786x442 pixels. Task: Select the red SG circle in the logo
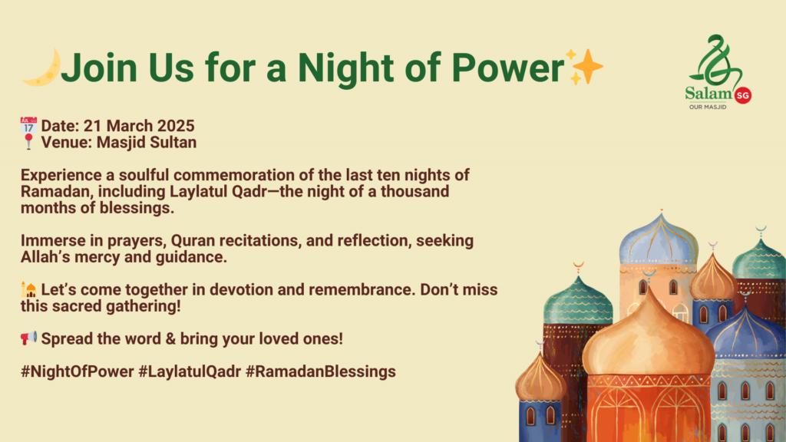[x=742, y=95]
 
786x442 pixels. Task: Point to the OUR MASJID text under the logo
[x=707, y=107]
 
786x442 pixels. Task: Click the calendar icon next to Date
[x=28, y=125]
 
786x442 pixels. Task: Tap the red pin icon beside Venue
[x=28, y=142]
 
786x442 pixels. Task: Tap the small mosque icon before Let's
[x=28, y=289]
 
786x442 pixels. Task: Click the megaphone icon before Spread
[x=28, y=338]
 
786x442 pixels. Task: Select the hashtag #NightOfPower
[x=78, y=372]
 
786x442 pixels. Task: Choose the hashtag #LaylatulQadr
[x=190, y=372]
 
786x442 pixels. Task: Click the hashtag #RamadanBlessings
[x=321, y=372]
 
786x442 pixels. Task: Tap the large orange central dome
[x=648, y=336]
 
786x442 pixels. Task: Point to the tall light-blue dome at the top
[x=659, y=239]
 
